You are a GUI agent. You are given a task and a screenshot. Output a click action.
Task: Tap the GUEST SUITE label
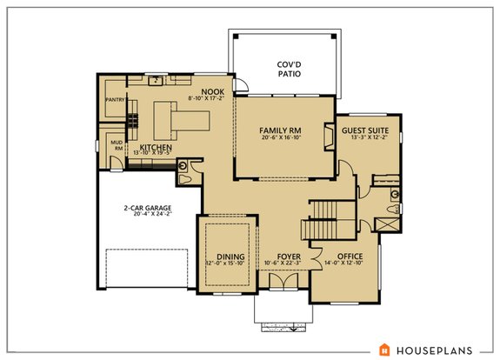click(x=365, y=129)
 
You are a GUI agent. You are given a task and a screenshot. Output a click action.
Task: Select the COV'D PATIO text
click(x=289, y=70)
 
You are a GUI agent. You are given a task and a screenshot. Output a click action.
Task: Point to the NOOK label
click(x=212, y=91)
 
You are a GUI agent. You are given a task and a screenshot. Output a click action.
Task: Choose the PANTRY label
click(x=115, y=100)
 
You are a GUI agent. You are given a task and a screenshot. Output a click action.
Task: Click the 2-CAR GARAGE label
click(x=146, y=208)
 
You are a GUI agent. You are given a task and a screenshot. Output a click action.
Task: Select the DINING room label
click(x=230, y=257)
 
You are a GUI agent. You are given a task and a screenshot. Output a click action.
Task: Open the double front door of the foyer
click(x=280, y=283)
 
